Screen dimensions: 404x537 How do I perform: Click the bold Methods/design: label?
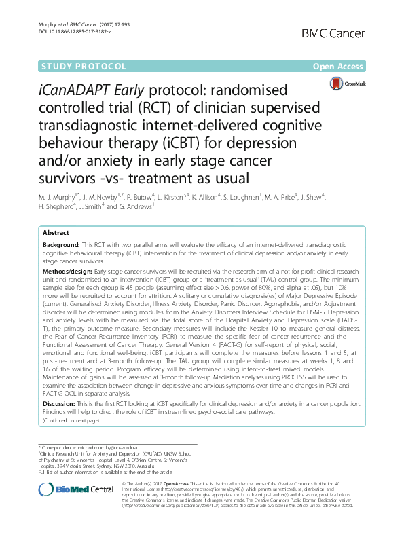[x=69, y=270]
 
